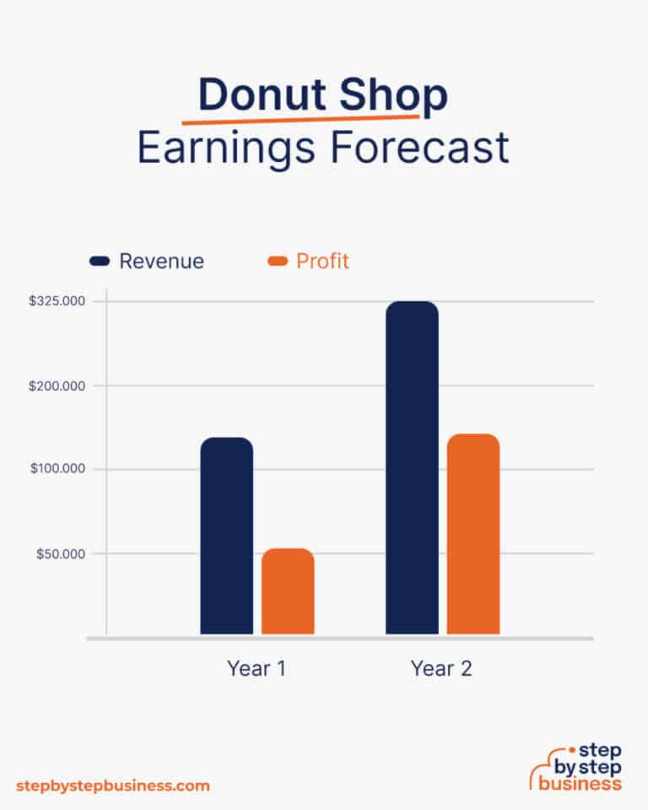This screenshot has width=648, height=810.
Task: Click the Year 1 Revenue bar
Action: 226,536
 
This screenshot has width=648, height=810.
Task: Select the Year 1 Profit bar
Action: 288,591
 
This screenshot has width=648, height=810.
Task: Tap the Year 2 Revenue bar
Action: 412,467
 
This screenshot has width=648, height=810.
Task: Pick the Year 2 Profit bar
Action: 472,534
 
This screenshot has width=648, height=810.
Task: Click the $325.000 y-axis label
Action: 61,301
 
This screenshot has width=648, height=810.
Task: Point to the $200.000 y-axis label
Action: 61,386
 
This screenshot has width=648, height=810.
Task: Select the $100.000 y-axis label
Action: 61,469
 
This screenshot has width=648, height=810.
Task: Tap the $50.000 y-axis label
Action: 64,553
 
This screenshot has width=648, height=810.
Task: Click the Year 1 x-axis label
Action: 256,669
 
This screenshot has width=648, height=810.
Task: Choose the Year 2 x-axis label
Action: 441,669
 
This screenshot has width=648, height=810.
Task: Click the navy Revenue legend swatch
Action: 100,262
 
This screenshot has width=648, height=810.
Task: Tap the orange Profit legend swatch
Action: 278,262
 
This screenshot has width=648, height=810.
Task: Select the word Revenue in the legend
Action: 161,262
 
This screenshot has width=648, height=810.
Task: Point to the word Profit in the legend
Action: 322,262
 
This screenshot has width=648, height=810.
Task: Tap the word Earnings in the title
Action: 226,148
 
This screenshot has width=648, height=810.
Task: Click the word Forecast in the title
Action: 419,148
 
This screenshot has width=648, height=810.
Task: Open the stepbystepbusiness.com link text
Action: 113,786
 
